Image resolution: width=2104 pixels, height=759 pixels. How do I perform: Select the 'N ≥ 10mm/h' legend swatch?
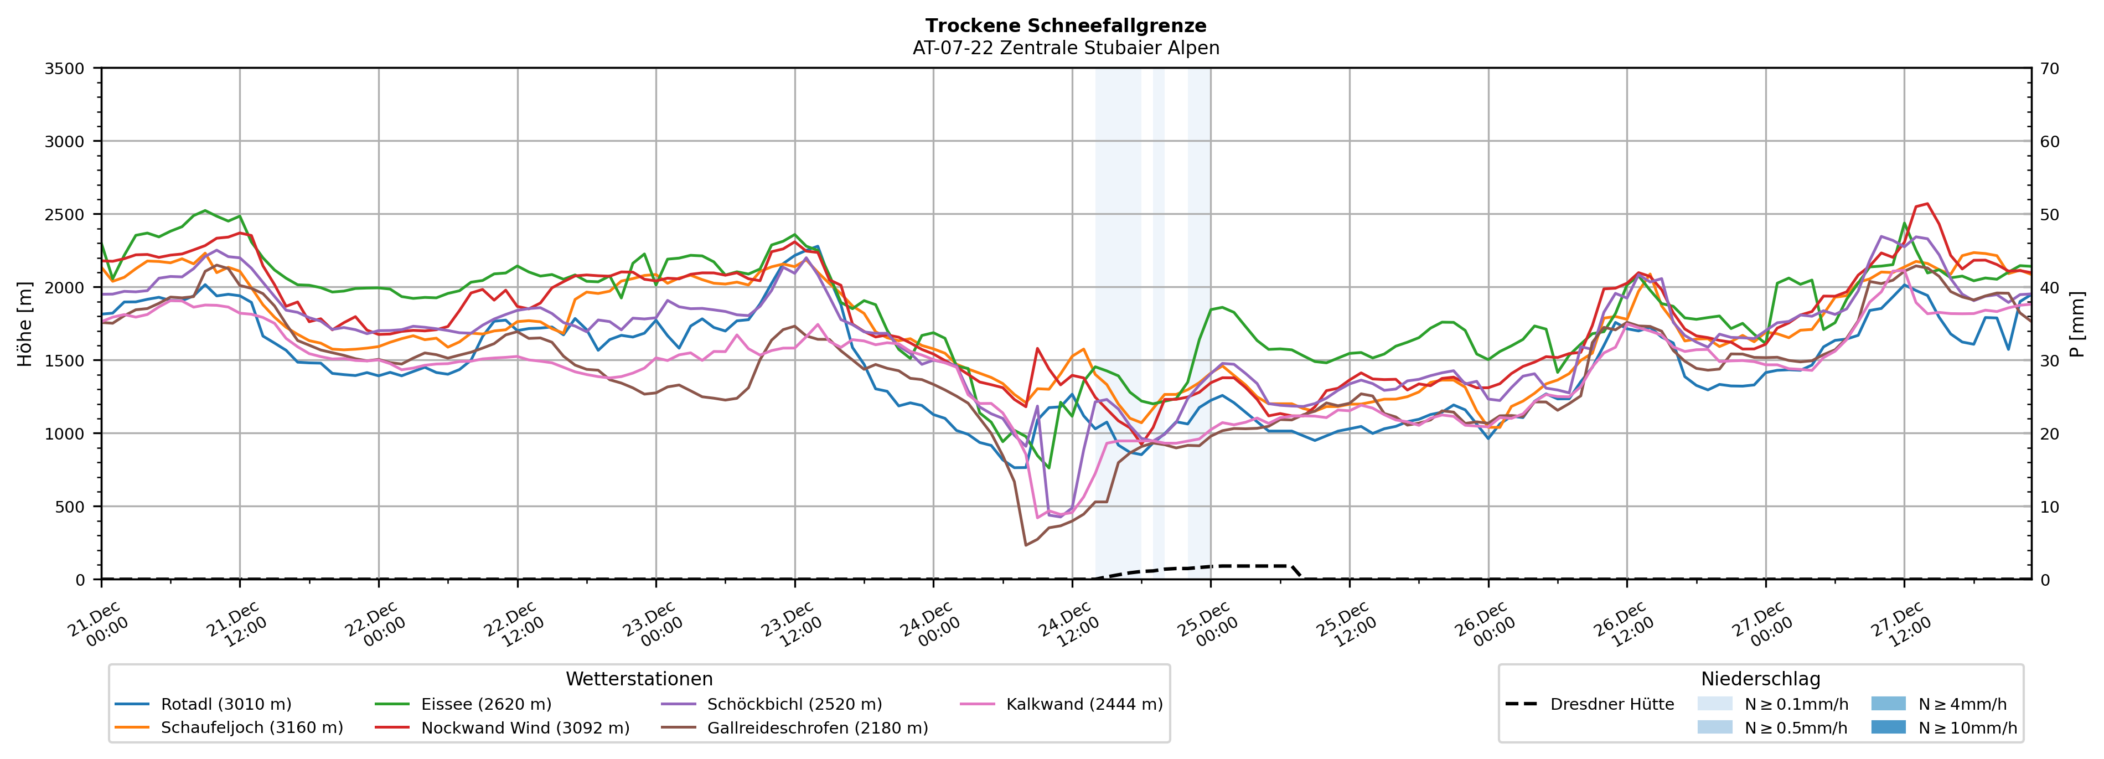coord(1888,727)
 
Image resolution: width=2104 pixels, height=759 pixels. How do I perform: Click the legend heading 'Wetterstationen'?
coord(639,679)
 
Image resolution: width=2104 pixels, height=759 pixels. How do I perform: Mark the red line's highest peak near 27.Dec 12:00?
coord(1927,203)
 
